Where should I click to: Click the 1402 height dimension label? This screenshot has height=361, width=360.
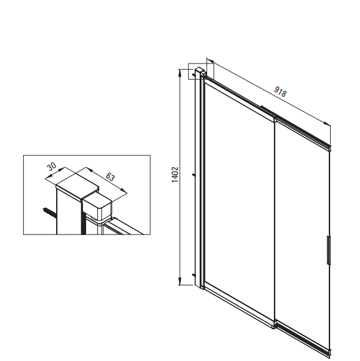[175, 175]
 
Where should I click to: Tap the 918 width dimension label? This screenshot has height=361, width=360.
[280, 92]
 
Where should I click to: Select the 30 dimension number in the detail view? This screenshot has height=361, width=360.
[52, 166]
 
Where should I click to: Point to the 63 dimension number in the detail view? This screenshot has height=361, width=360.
[110, 176]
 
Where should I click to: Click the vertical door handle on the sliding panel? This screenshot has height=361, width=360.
[328, 249]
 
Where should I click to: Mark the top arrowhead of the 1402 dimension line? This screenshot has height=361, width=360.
[180, 73]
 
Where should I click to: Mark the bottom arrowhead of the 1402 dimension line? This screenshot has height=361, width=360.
[180, 281]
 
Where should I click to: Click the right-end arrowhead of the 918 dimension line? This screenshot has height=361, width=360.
[327, 123]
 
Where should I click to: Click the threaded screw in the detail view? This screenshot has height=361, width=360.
[49, 212]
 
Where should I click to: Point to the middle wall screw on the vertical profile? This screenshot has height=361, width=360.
[194, 175]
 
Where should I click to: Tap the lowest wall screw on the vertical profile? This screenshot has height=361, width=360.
[193, 275]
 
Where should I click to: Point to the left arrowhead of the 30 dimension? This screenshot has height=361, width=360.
[49, 177]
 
